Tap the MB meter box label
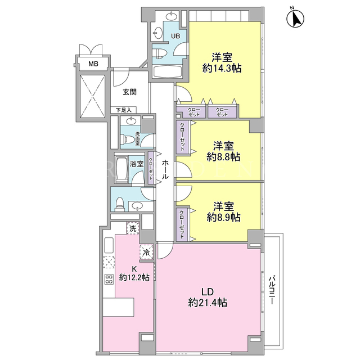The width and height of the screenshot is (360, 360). tap(93, 64)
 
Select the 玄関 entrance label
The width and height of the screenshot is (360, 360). tap(130, 92)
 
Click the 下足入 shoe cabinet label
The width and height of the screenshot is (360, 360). tap(124, 110)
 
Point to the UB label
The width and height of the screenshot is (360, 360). tap(175, 36)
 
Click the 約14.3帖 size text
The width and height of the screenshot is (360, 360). tap(222, 68)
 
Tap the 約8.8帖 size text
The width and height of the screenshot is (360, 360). tap(223, 157)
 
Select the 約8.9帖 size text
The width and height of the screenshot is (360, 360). tap(224, 217)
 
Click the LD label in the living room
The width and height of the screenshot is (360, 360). tap(208, 292)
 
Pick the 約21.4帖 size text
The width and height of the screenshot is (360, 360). tap(208, 303)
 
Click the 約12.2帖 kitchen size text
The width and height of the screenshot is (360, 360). tap(134, 277)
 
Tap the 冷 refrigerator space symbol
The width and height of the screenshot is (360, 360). tap(146, 252)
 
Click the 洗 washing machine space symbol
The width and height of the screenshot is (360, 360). tap(133, 228)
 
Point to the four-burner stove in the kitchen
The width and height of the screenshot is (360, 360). tap(109, 279)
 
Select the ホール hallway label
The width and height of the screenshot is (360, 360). tap(165, 169)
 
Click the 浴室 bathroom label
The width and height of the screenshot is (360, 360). tap(137, 164)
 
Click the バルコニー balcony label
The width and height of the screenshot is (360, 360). tap(272, 290)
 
